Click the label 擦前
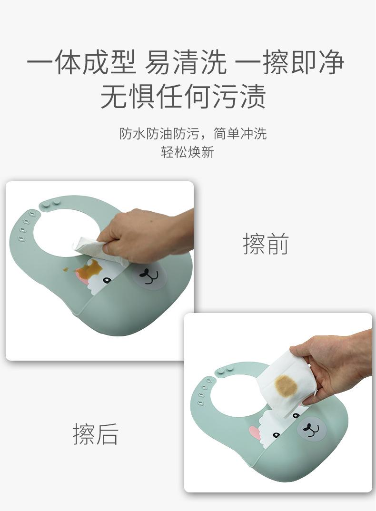[266, 244]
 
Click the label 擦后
[95, 434]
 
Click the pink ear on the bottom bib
[255, 432]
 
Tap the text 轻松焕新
[188, 153]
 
